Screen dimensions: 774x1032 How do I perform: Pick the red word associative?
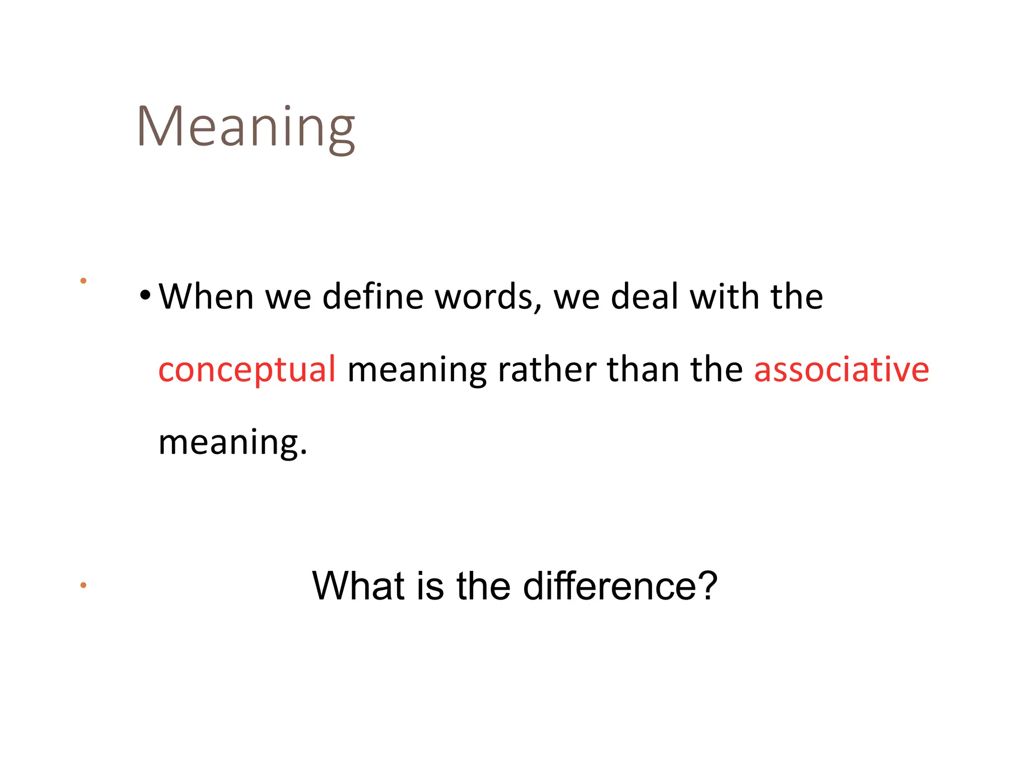coord(841,369)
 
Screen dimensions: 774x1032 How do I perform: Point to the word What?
coord(358,586)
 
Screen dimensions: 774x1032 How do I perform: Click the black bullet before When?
coord(145,295)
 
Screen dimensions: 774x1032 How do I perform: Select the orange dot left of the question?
coord(83,585)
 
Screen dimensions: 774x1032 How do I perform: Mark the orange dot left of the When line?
coord(83,281)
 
